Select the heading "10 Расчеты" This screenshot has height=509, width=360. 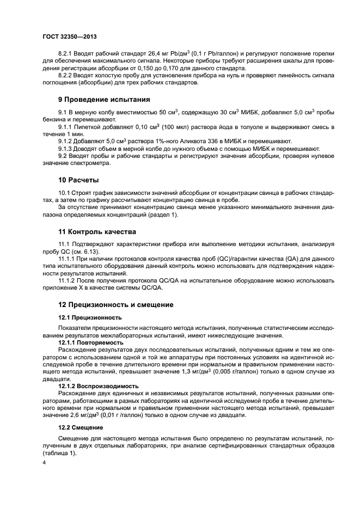click(x=78, y=180)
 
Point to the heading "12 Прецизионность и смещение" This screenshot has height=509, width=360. click(x=116, y=304)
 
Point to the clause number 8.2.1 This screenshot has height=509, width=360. click(x=66, y=53)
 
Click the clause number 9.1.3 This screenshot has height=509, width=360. click(x=66, y=148)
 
